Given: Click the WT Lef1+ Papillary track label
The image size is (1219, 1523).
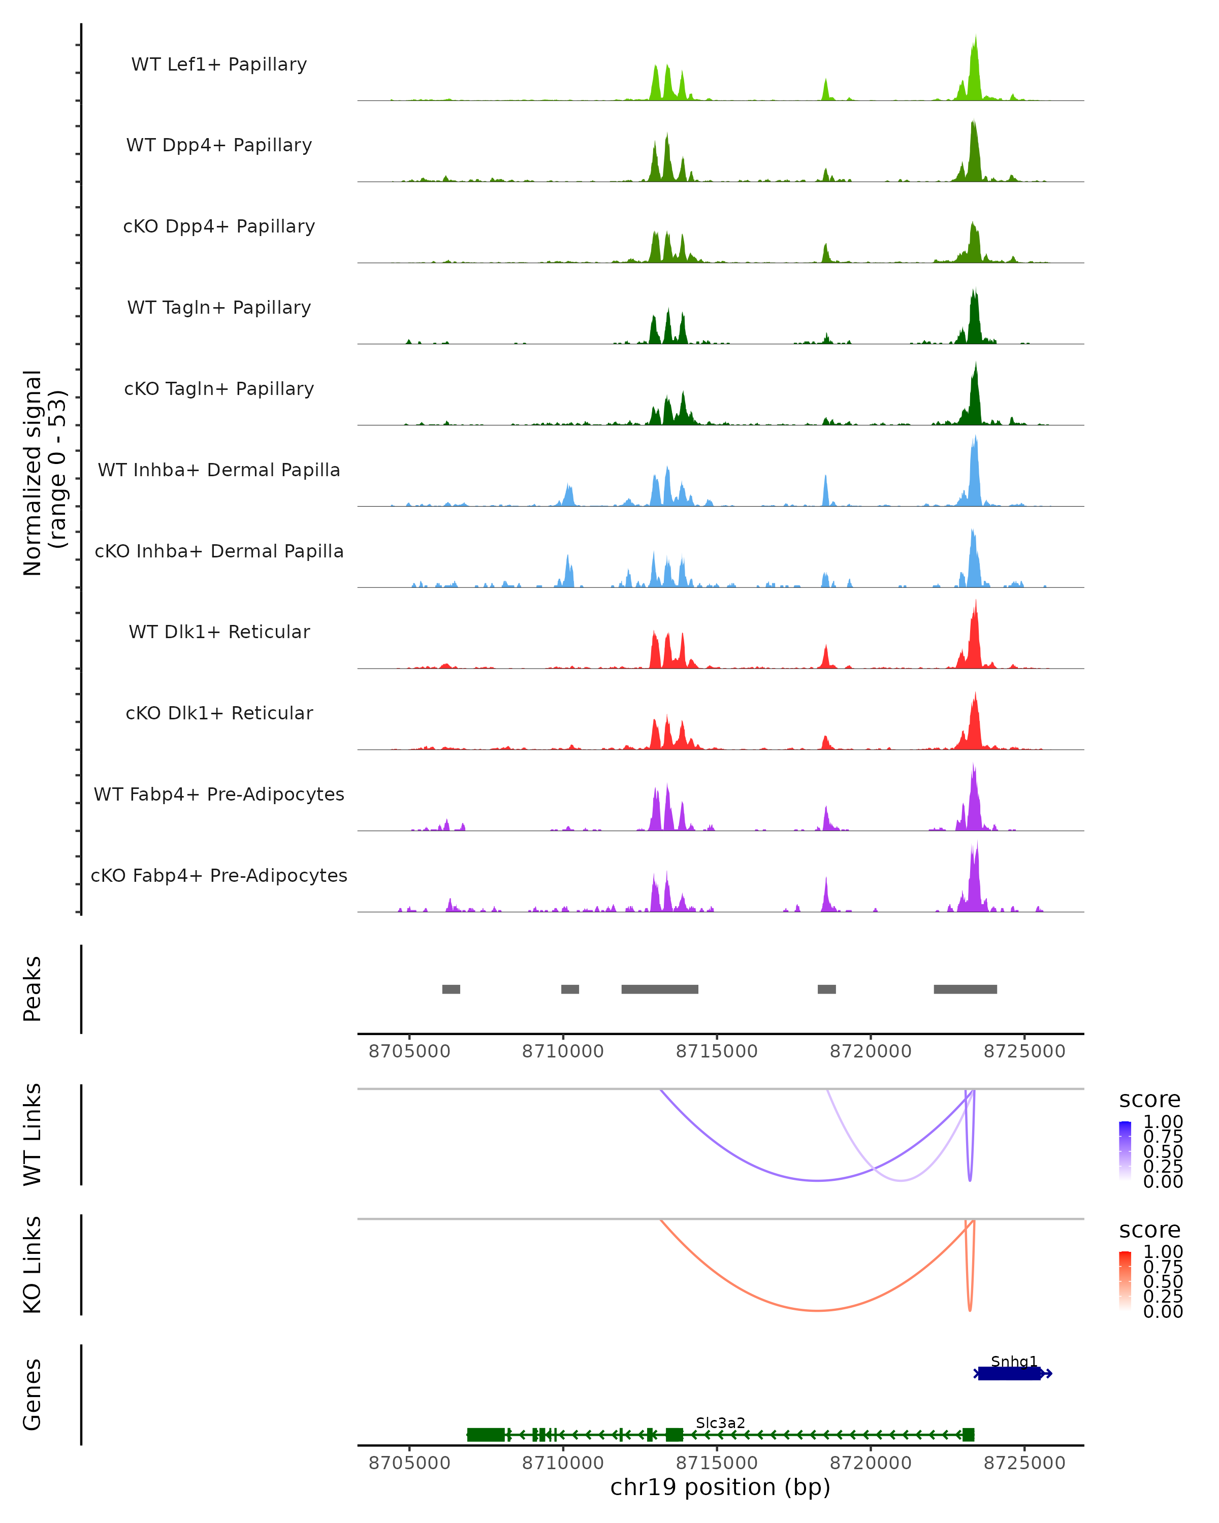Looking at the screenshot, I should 219,64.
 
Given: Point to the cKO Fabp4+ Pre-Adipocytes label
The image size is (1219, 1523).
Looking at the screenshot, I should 219,875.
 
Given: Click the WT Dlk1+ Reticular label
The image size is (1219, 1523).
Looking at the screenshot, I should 219,632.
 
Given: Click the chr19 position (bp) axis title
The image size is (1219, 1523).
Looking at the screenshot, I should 720,1487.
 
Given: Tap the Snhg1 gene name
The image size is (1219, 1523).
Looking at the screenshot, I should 1013,1361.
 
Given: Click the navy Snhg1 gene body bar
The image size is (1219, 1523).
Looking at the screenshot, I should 1010,1373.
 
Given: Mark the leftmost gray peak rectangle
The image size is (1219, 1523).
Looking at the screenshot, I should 451,989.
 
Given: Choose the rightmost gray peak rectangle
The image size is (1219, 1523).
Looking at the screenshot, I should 966,989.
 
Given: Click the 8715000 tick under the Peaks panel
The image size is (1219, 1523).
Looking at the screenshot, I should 717,1051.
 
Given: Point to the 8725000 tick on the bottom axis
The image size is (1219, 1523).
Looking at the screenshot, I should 1024,1463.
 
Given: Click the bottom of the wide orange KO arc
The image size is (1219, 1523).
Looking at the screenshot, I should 817,1310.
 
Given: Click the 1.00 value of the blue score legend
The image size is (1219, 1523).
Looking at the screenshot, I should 1163,1122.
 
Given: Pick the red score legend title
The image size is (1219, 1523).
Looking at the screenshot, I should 1149,1230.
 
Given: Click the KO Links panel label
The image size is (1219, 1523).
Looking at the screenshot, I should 33,1265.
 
